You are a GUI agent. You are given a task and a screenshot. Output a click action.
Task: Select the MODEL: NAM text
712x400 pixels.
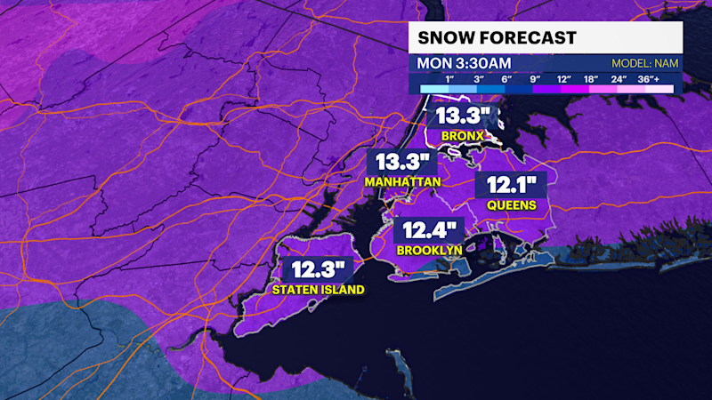(x=643, y=64)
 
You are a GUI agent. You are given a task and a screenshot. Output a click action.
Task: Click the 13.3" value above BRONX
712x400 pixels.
(x=460, y=116)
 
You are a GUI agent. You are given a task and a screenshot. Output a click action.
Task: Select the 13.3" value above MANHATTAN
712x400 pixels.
(x=403, y=163)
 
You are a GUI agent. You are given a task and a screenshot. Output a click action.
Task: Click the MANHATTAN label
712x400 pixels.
(x=403, y=182)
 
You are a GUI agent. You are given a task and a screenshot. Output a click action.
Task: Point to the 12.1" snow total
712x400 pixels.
(x=511, y=186)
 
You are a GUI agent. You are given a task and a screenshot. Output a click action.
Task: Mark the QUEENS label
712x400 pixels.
(x=511, y=205)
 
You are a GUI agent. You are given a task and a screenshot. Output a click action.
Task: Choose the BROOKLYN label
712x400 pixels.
(x=429, y=251)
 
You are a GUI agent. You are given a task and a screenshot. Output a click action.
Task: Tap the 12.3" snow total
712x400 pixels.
(x=318, y=269)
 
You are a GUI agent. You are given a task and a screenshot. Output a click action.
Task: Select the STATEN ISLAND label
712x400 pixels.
(x=318, y=289)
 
